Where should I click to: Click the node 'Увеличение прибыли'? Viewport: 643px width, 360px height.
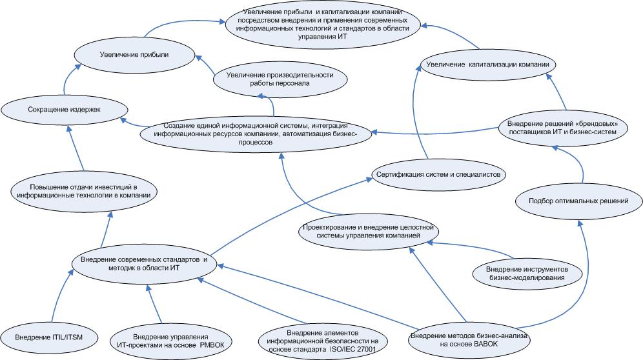pos(134,55)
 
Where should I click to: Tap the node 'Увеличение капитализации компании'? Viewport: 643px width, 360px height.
pos(491,65)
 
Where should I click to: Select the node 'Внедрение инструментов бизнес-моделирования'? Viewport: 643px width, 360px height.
pos(527,272)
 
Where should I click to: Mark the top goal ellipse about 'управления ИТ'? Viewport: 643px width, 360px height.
pos(323,24)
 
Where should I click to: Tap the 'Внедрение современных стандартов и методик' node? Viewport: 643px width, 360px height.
pos(144,263)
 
